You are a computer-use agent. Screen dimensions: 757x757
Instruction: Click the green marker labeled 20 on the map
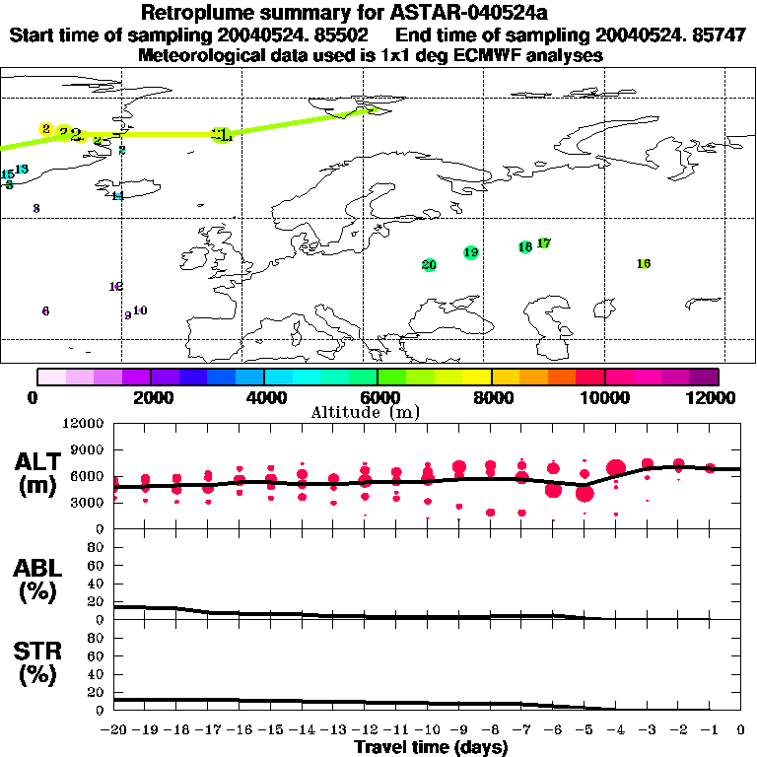click(429, 264)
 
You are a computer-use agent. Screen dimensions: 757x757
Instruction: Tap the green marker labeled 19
click(471, 252)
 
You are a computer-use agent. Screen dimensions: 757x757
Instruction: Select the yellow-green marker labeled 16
click(644, 263)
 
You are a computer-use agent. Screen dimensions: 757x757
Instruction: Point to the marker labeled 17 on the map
click(544, 242)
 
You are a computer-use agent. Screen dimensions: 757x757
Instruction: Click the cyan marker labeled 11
click(117, 195)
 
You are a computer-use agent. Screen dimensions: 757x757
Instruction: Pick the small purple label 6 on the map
click(45, 310)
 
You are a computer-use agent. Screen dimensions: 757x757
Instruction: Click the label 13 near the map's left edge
click(22, 169)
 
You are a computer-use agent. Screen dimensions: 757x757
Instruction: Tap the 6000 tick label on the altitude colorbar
click(378, 397)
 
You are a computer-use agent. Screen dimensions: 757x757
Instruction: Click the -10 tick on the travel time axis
click(428, 730)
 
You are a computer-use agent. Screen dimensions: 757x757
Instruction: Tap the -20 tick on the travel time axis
click(114, 730)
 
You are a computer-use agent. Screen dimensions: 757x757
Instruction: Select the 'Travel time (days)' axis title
click(432, 747)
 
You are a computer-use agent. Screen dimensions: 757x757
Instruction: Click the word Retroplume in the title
click(196, 13)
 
